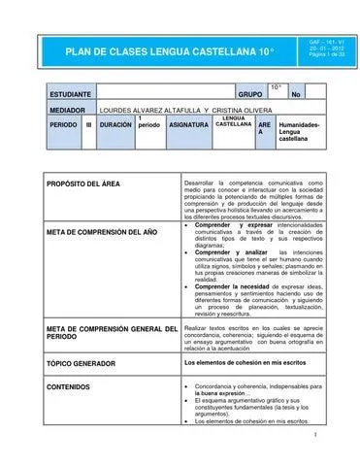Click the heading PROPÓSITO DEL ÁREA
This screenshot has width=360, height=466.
(82, 183)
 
